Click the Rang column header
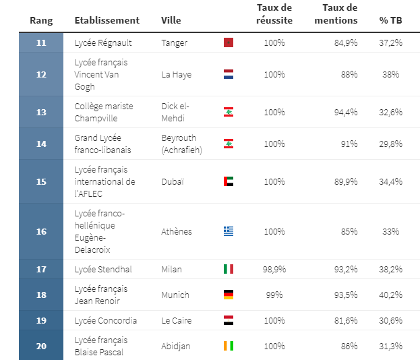click(41, 20)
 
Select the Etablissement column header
click(107, 20)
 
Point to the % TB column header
click(390, 20)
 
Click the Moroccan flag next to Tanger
click(228, 43)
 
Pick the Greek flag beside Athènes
click(228, 231)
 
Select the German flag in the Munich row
click(228, 295)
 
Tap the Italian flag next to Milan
click(228, 269)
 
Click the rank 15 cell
click(41, 181)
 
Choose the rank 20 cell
click(41, 346)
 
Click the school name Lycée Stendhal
click(102, 269)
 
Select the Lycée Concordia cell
click(105, 320)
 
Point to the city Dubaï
click(173, 181)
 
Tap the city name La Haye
click(176, 74)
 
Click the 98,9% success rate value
click(274, 269)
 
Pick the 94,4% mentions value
click(346, 112)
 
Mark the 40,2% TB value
click(391, 295)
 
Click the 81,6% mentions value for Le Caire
click(346, 320)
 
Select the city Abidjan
click(175, 346)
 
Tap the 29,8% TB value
click(391, 144)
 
